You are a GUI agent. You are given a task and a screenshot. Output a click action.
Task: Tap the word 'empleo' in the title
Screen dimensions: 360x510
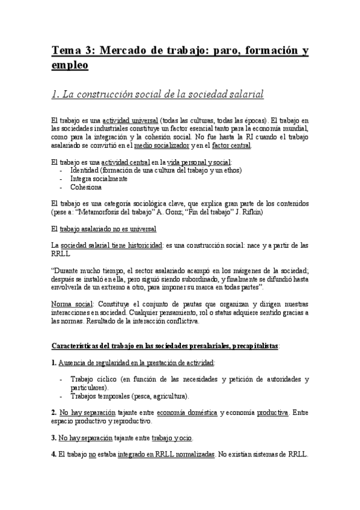69,65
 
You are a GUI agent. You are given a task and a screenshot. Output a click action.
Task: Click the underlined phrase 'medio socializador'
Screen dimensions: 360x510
160,145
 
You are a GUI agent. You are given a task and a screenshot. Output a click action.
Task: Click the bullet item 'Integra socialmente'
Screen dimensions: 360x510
99,179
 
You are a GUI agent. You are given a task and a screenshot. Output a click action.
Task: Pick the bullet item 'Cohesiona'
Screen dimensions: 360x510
87,187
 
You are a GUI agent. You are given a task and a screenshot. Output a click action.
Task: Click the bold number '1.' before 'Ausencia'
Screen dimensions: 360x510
53,363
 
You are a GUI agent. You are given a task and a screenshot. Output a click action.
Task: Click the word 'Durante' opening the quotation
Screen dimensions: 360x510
68,270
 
